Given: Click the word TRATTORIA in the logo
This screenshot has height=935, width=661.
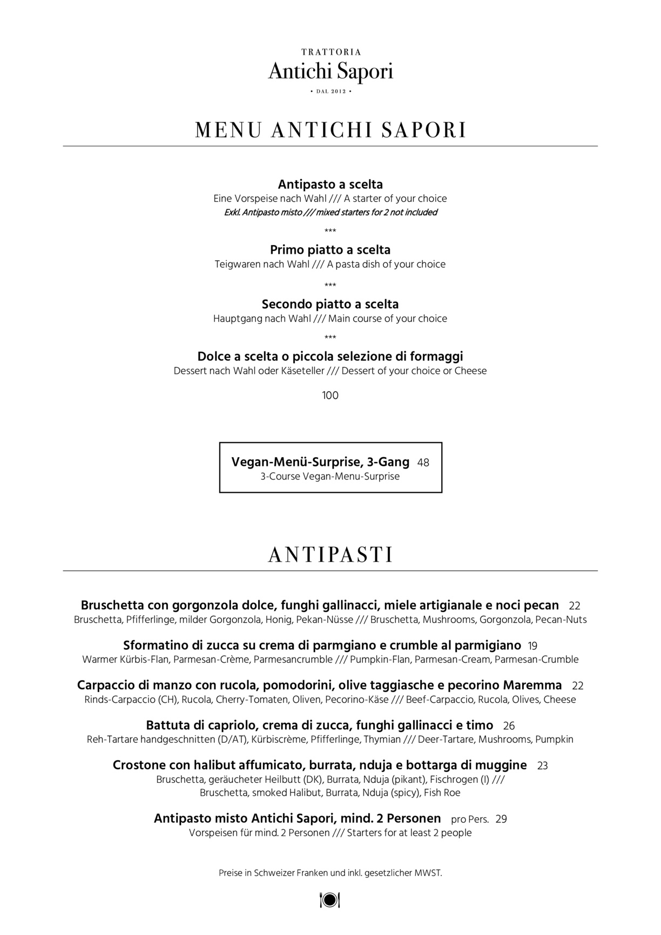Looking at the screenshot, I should (x=330, y=52).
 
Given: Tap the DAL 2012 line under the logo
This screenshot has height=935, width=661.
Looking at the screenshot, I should (x=330, y=91).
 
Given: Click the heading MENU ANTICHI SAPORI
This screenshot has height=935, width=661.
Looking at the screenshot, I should (x=330, y=130).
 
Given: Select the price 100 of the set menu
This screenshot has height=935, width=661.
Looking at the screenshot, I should (x=330, y=396).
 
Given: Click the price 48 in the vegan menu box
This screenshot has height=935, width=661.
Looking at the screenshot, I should (x=423, y=463).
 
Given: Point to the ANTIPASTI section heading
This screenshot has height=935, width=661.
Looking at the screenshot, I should (x=330, y=555).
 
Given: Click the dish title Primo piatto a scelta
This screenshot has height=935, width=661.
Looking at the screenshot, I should (x=330, y=250).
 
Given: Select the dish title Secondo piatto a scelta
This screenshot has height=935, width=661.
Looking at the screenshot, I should (x=330, y=304).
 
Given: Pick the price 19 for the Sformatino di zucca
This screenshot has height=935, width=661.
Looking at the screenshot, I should (x=532, y=646).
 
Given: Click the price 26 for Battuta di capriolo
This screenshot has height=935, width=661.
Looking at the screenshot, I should (x=509, y=726).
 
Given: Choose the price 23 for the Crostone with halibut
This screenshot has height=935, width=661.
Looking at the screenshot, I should (x=543, y=765).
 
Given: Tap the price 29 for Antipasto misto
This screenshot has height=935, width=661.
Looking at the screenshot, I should (x=501, y=819).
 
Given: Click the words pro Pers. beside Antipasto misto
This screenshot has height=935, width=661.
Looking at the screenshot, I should (x=470, y=819).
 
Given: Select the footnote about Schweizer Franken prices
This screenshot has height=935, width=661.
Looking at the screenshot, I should (x=330, y=873).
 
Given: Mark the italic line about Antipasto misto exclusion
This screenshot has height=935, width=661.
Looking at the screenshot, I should (x=330, y=212).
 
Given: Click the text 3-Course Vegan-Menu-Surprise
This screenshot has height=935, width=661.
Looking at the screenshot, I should (x=330, y=477).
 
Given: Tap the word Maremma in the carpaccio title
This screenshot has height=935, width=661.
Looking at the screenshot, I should (x=532, y=685).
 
